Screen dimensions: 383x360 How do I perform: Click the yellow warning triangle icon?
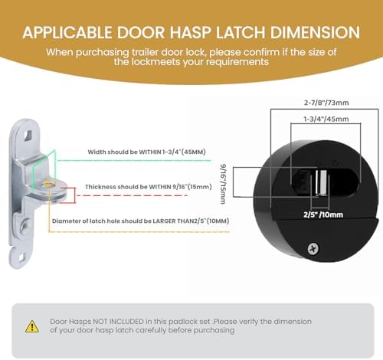(x=32, y=327)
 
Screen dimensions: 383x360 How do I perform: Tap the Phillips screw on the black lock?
(x=313, y=249)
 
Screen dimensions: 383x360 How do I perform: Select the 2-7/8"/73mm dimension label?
(x=326, y=103)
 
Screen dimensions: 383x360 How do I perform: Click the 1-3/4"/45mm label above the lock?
(x=326, y=119)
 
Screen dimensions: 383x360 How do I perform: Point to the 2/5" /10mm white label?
(x=323, y=214)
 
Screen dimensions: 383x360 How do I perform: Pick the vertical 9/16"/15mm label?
(x=223, y=184)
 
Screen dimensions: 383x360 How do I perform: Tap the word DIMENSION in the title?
(x=315, y=33)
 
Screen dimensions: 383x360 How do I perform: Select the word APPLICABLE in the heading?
(x=67, y=33)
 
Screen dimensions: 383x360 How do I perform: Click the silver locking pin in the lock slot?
(x=321, y=182)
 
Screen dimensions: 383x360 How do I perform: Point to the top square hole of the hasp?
(x=28, y=135)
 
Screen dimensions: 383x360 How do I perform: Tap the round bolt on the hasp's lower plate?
(x=25, y=224)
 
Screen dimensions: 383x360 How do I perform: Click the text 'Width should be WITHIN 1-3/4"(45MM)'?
(x=146, y=152)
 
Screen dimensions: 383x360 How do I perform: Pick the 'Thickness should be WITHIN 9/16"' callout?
(x=149, y=187)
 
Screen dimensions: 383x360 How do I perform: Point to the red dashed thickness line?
(x=133, y=195)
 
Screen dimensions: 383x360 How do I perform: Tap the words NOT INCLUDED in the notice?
(x=118, y=322)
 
